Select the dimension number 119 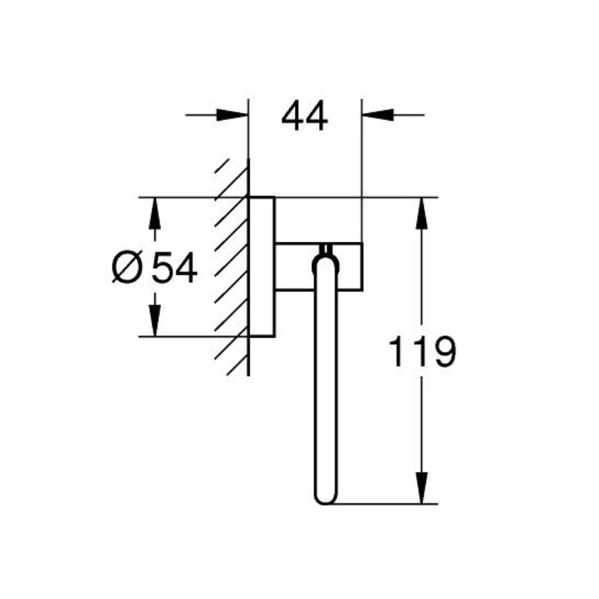[x=422, y=351]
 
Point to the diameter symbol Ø [x=127, y=268]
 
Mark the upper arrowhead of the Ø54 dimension [x=155, y=213]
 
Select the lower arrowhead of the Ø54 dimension [x=155, y=321]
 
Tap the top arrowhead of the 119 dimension [x=422, y=213]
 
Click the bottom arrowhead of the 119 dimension [x=422, y=487]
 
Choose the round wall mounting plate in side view [x=262, y=267]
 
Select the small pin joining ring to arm [x=325, y=249]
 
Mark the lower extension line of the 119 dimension [x=382, y=504]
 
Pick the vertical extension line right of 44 [x=362, y=172]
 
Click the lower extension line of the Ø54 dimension [x=195, y=337]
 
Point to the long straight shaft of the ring [x=325, y=382]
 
